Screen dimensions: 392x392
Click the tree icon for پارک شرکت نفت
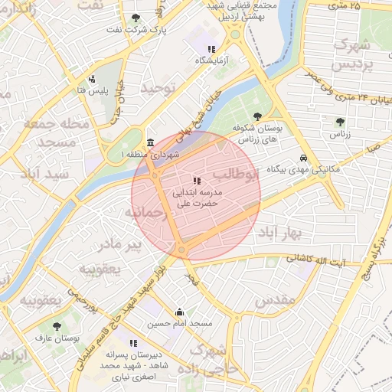coord(136,18)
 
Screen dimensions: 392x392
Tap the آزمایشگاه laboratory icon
coord(201,49)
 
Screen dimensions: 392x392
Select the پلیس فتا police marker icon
coord(92,79)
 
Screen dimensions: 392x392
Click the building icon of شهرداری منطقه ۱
coord(149,142)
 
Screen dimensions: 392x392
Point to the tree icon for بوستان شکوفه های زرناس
coord(257,116)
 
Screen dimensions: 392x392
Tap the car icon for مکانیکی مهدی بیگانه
coord(303,158)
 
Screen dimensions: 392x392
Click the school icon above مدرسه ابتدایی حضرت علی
coord(197,181)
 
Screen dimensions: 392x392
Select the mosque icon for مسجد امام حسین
coord(179,312)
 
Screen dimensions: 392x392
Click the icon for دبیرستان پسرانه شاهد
coord(133,343)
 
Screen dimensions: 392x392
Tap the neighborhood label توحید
coord(158,89)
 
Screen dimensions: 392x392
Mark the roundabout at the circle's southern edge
coord(181,250)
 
